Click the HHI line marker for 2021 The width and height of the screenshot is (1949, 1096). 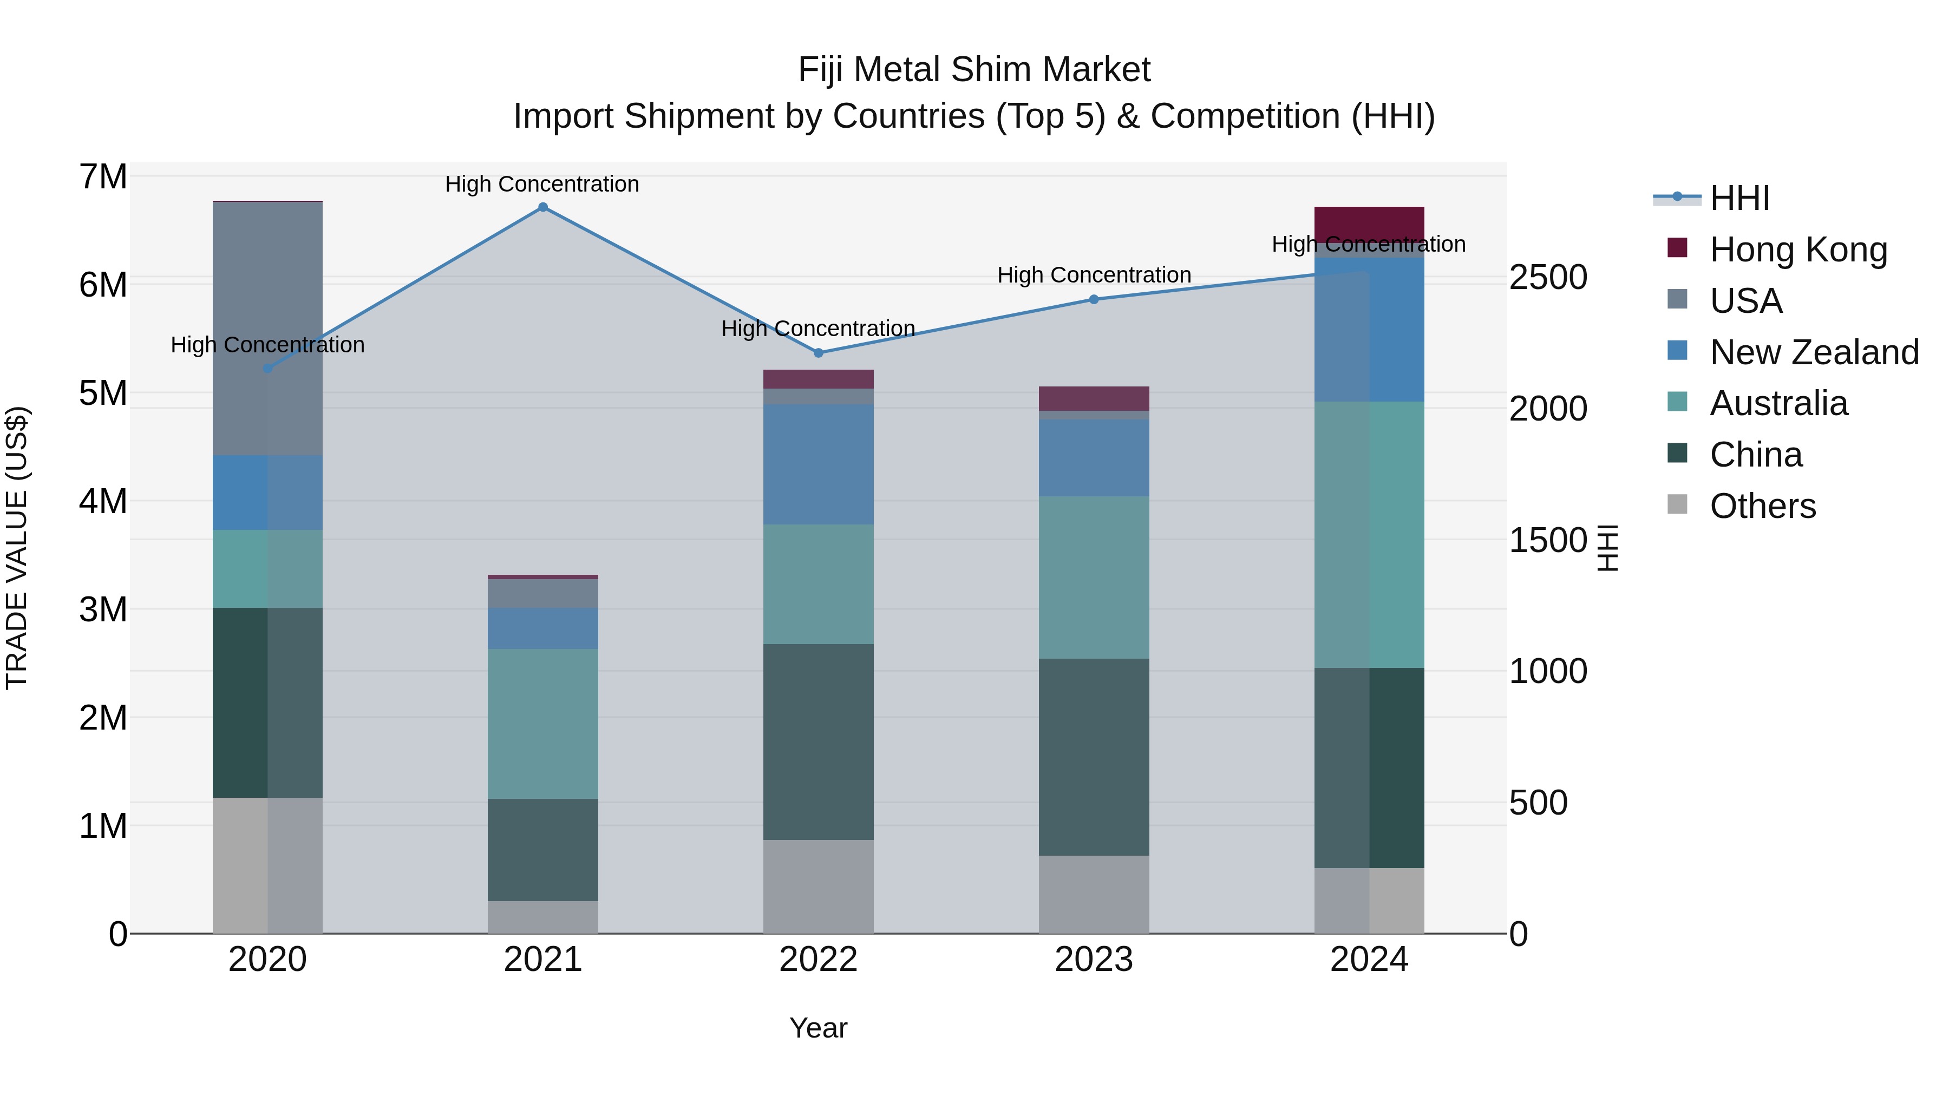coord(542,207)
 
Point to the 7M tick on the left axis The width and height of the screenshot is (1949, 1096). coord(103,177)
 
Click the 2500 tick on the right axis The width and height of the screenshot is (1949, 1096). coord(1547,278)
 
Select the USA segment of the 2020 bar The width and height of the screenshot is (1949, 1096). coord(268,329)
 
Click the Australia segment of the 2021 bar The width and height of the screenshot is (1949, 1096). coord(542,723)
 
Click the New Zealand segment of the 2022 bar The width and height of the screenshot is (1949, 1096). coord(818,464)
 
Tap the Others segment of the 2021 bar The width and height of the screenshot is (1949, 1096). coord(542,917)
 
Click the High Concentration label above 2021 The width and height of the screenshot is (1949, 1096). coord(542,185)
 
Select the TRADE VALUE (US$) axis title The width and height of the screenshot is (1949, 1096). coord(17,548)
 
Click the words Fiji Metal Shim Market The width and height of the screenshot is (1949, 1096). coord(974,70)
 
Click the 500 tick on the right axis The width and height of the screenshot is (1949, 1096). coord(1538,803)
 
